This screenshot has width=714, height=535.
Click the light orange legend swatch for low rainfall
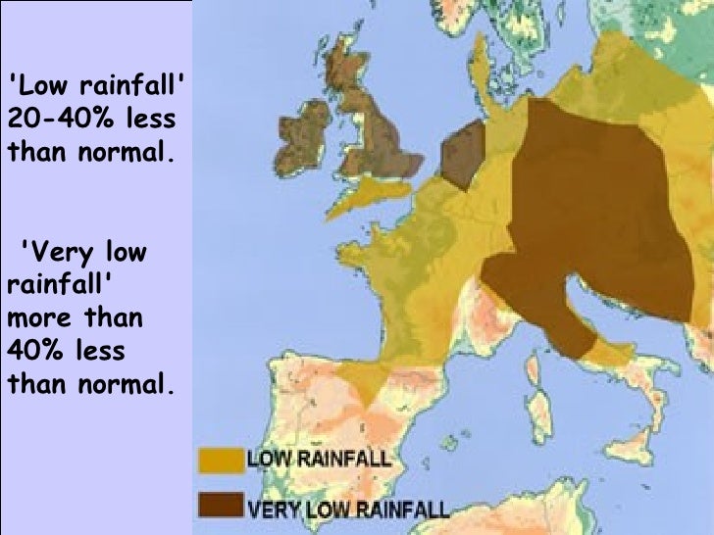221,460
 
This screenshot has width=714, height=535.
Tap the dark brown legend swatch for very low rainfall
221,505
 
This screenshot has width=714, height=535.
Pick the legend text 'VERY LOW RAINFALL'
348,509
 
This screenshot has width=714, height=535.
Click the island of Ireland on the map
301,137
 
